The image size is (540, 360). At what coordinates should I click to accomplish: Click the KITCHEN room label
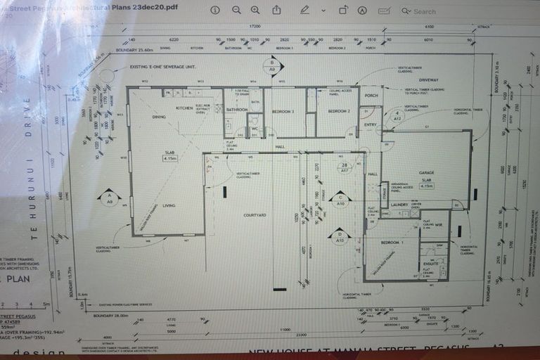click(184, 108)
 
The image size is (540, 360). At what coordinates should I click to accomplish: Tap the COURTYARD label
click(253, 214)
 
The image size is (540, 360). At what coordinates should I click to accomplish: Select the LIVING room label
click(169, 205)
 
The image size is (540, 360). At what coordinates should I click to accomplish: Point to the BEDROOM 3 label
click(283, 112)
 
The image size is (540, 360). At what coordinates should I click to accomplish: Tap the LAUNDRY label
click(399, 205)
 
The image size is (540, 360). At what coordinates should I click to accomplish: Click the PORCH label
click(371, 96)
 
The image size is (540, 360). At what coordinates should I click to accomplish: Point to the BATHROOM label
click(236, 110)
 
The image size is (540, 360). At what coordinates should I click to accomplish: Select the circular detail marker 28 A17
click(345, 167)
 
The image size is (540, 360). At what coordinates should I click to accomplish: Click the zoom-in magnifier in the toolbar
click(255, 10)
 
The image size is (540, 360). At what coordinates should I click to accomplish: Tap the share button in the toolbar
click(277, 10)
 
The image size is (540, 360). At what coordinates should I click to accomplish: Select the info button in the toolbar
click(215, 10)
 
